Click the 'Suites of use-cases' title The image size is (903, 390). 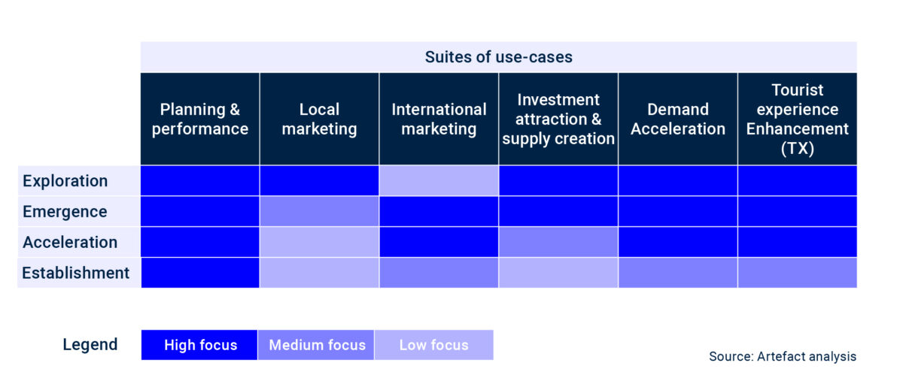498,57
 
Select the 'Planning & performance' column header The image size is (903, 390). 199,119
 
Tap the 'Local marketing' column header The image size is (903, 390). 319,119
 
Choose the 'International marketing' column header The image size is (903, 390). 439,119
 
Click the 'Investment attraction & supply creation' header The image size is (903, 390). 558,119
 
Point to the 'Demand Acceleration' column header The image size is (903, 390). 678,119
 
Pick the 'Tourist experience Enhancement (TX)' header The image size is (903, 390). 798,119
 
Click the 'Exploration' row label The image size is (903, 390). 65,181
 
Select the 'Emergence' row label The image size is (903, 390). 65,212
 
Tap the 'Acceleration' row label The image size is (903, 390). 70,242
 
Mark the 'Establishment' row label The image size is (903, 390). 76,273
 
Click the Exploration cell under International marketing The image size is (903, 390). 439,180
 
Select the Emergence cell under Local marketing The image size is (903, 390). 319,211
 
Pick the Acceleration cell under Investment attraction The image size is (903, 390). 558,242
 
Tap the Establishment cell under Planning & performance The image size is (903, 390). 199,273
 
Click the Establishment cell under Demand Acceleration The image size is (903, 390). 678,273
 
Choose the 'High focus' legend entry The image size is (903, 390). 199,345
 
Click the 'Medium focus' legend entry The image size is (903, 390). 317,345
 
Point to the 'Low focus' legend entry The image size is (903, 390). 434,345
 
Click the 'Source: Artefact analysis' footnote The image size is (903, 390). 783,356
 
